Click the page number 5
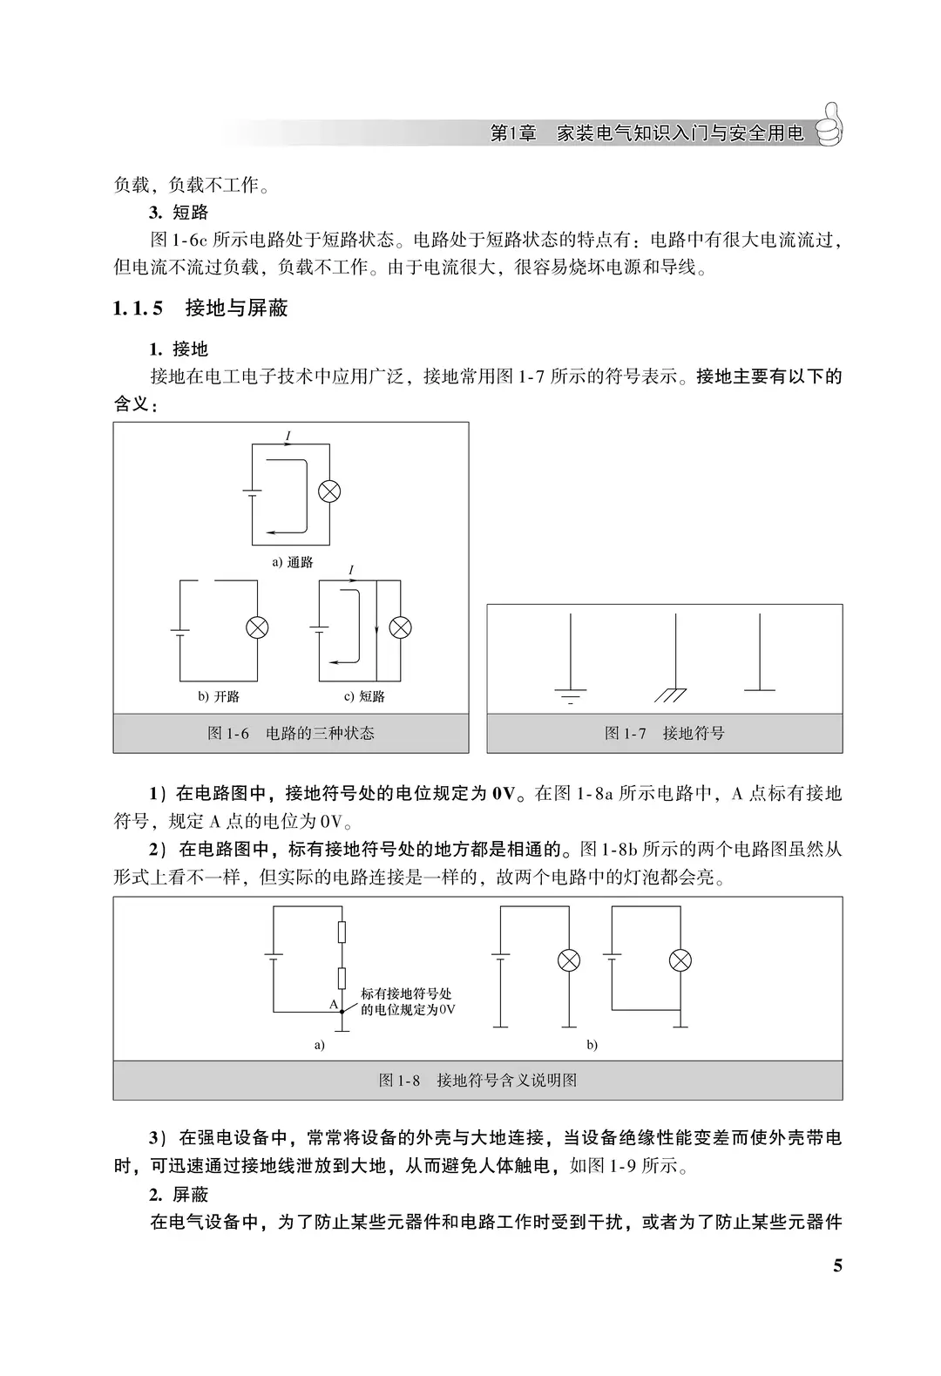(x=837, y=1266)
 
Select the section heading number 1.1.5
(x=138, y=308)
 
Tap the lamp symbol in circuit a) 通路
(x=328, y=491)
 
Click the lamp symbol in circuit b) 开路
(x=257, y=627)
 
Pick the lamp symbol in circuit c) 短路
(x=400, y=627)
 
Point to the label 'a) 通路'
(x=293, y=562)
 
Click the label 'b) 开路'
(x=219, y=696)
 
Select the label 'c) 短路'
(x=365, y=696)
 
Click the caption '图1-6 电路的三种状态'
(x=291, y=733)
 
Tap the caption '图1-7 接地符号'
(x=664, y=733)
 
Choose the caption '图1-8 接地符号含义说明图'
(x=477, y=1080)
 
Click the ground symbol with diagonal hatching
(x=672, y=694)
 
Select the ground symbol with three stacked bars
(x=570, y=695)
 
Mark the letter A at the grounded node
(x=333, y=1005)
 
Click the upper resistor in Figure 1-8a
(x=342, y=932)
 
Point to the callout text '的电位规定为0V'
(x=408, y=1009)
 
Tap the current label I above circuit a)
(x=288, y=434)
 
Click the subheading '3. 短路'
(x=179, y=213)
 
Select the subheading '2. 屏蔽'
(x=179, y=1194)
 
